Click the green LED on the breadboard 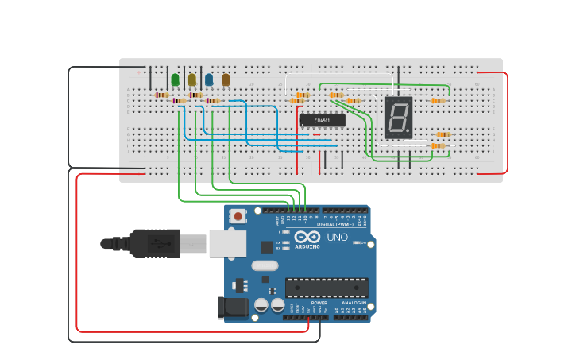pyautogui.click(x=175, y=79)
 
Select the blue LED pyautogui.click(x=209, y=79)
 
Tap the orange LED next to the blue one pyautogui.click(x=226, y=79)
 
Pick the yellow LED pyautogui.click(x=192, y=79)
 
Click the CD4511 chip pyautogui.click(x=322, y=121)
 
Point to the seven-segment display pyautogui.click(x=398, y=118)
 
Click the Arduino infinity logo pyautogui.click(x=307, y=237)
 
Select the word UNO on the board pyautogui.click(x=338, y=237)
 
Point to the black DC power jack pyautogui.click(x=231, y=308)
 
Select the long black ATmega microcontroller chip pyautogui.click(x=327, y=288)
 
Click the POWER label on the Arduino pyautogui.click(x=319, y=303)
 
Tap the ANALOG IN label pyautogui.click(x=354, y=303)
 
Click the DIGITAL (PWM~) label pyautogui.click(x=334, y=224)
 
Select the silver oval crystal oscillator pyautogui.click(x=266, y=265)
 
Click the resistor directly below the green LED pyautogui.click(x=162, y=95)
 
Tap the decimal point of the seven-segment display pyautogui.click(x=409, y=133)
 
